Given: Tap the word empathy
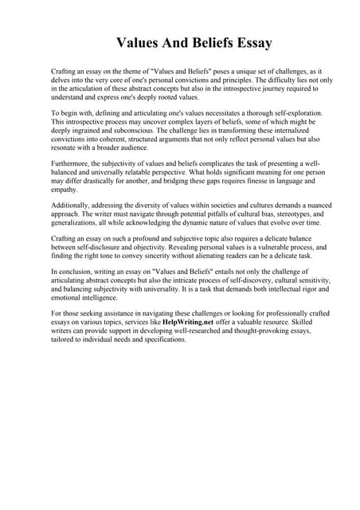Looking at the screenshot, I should coord(65,190).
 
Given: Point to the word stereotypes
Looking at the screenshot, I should coord(278,215).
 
